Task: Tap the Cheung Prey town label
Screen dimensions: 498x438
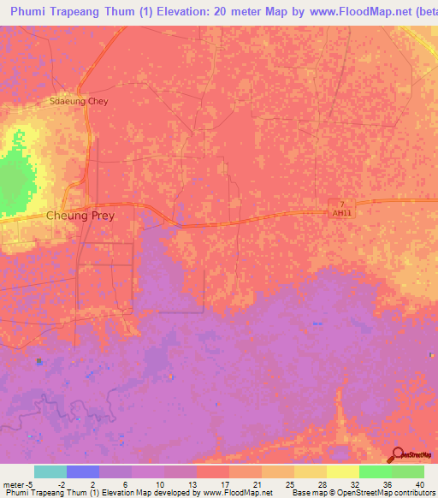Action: click(80, 216)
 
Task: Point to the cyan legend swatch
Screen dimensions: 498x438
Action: click(50, 471)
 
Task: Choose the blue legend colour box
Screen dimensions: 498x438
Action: click(83, 471)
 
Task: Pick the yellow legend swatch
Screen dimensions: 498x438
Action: click(343, 471)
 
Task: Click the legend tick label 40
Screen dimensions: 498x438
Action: click(418, 484)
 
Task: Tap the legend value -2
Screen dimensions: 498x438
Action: click(60, 484)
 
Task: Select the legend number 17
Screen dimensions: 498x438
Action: click(223, 484)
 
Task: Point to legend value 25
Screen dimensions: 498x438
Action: click(288, 484)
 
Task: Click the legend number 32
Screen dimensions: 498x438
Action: click(353, 484)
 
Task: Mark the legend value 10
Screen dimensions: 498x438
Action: click(157, 484)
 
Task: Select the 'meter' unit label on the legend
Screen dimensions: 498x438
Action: click(15, 484)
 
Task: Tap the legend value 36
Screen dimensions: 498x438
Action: click(386, 484)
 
